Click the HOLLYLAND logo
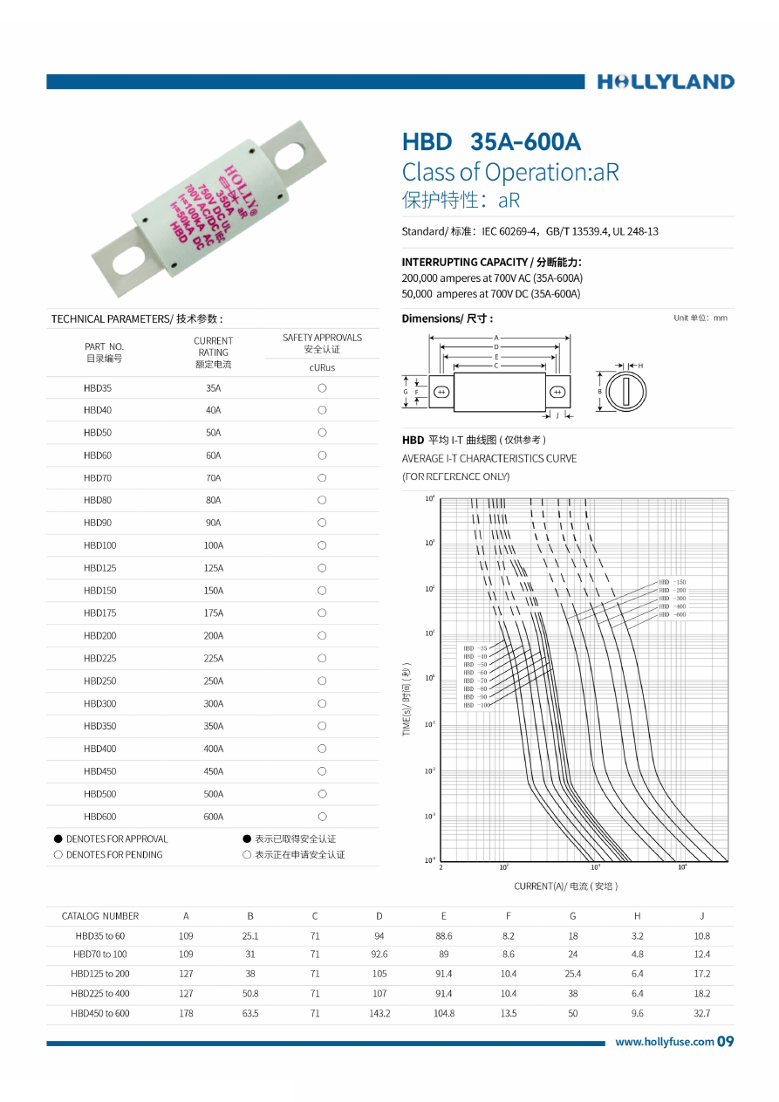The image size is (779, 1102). tap(666, 82)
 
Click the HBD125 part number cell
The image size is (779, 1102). tap(99, 568)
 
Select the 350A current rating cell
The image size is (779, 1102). tap(214, 726)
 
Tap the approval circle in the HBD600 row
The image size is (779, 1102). tap(322, 817)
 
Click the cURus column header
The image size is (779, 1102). tap(322, 367)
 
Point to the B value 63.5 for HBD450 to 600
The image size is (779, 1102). tap(250, 1013)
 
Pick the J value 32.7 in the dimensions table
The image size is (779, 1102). tap(701, 1013)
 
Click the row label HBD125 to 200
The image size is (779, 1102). tap(100, 973)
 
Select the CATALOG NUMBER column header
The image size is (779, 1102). tap(100, 916)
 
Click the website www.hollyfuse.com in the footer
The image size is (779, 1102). tap(665, 1042)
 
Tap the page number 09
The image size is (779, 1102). tap(726, 1042)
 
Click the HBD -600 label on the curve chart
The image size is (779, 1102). tap(673, 614)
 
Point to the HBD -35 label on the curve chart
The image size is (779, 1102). tap(475, 648)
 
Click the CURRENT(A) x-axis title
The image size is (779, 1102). tap(565, 886)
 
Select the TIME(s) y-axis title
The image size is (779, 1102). tap(407, 698)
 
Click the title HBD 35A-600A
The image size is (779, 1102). tap(491, 142)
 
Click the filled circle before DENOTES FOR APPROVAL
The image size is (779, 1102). tap(58, 838)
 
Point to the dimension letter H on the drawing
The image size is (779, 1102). tap(640, 366)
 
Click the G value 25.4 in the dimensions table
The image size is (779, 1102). tap(572, 973)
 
